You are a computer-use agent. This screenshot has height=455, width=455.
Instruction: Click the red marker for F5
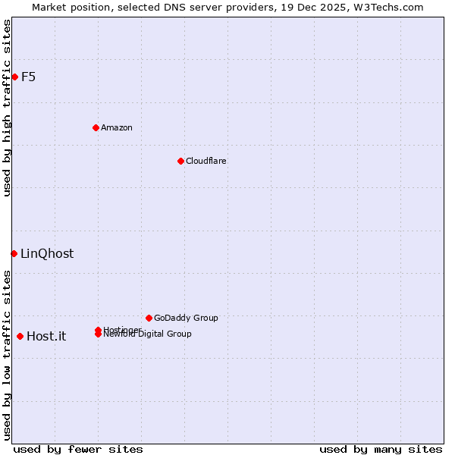click(x=14, y=77)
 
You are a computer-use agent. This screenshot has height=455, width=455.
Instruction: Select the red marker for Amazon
click(x=96, y=127)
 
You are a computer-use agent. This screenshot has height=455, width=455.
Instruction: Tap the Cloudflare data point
click(x=180, y=161)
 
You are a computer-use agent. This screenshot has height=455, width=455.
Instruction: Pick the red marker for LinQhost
click(x=14, y=253)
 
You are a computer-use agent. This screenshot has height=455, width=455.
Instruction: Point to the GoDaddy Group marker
click(x=149, y=318)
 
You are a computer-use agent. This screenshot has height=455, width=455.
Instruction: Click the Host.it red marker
click(x=20, y=336)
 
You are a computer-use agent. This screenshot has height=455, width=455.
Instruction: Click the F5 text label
click(x=29, y=77)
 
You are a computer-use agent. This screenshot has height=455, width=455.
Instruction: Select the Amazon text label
click(x=117, y=127)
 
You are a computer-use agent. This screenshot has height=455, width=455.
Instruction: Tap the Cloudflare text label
click(x=206, y=161)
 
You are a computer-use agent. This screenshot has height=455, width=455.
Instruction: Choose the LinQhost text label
click(x=47, y=254)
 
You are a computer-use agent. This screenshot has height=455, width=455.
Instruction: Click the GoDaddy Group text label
click(x=186, y=318)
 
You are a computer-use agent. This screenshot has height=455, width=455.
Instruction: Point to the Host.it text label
click(x=46, y=337)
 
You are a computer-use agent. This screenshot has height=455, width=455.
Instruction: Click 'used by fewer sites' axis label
click(x=78, y=449)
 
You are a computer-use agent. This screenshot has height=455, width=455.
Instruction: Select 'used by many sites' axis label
click(x=381, y=449)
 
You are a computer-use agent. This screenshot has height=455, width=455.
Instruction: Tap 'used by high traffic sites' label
click(x=7, y=108)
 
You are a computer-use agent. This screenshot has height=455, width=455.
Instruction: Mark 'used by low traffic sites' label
click(x=7, y=355)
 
